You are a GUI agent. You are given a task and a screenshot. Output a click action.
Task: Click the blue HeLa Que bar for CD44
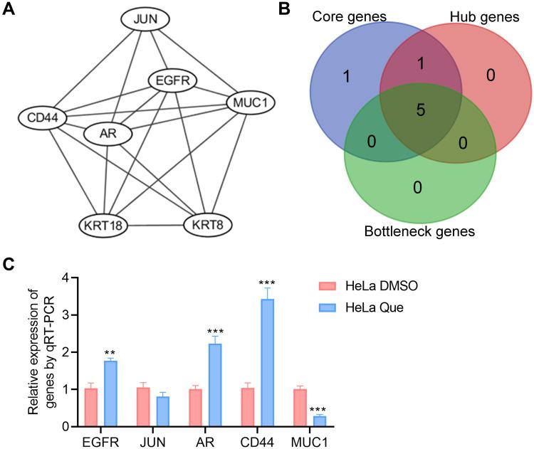point(267,362)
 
